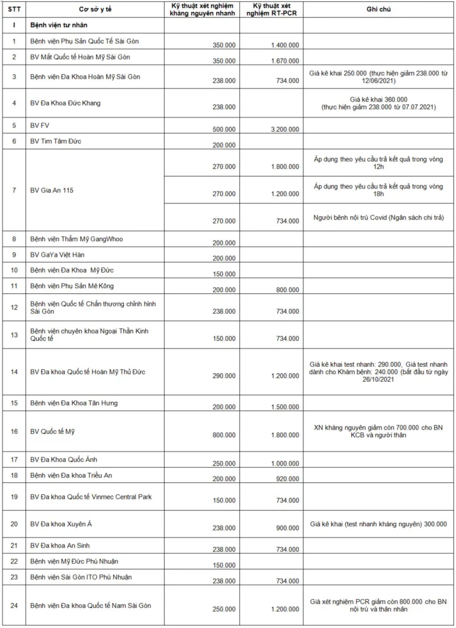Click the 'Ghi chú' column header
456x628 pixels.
pos(379,11)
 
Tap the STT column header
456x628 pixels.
pos(13,11)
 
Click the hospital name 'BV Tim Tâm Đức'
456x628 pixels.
pos(57,141)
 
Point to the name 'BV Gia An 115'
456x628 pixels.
pos(52,190)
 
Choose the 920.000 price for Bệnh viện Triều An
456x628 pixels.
pos(288,479)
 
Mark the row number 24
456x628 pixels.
pos(13,605)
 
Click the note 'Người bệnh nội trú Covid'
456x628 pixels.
pos(379,217)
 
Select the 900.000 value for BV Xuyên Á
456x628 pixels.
pos(288,528)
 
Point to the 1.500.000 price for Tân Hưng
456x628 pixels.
pos(285,407)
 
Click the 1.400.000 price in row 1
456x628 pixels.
pos(285,46)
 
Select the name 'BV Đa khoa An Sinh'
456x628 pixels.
pos(60,546)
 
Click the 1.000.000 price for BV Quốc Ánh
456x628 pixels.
pos(285,463)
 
